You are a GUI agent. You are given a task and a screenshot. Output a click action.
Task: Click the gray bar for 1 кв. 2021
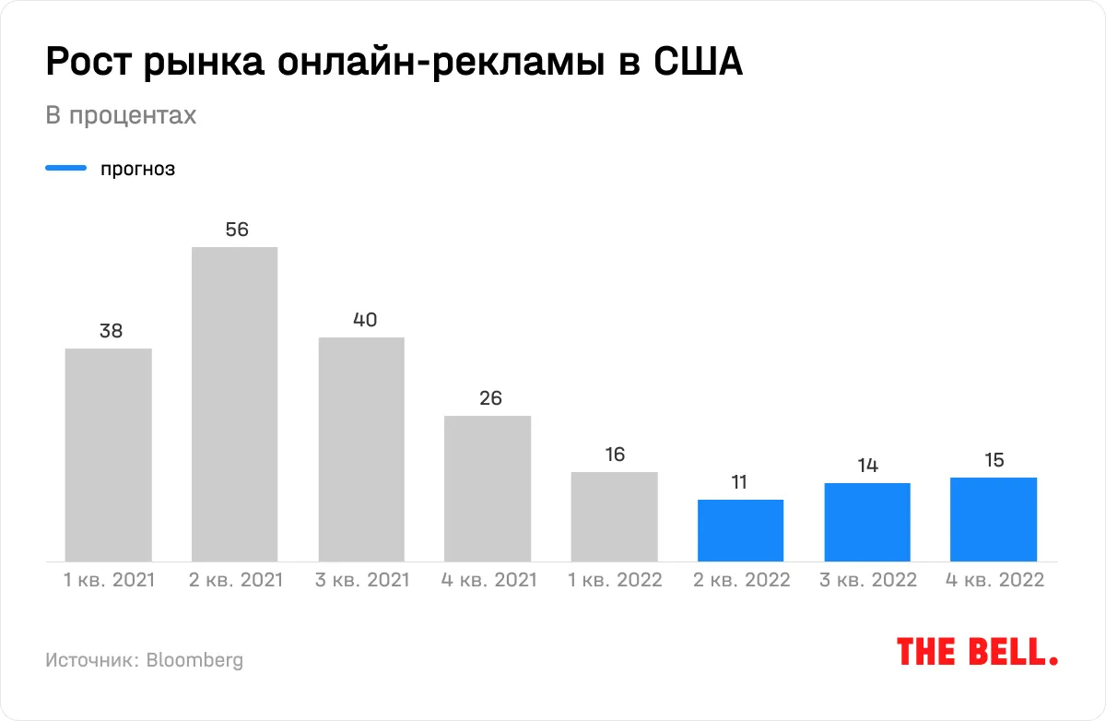click(109, 455)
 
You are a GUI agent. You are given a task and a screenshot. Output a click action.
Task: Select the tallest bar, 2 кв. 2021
click(235, 404)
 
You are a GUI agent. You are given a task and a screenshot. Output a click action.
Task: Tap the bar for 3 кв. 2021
click(361, 449)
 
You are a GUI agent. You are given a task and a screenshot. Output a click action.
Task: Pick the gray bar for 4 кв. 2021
click(488, 489)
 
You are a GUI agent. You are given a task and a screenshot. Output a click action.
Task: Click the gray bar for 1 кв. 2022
click(614, 516)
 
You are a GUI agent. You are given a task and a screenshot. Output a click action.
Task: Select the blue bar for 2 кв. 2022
click(740, 530)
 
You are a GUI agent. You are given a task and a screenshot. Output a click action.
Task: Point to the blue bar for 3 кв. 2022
click(867, 522)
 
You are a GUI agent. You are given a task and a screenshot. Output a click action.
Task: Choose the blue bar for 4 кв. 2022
click(994, 519)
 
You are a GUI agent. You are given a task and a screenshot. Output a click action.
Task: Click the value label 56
click(237, 230)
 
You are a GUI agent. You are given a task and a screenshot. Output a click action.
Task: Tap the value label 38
click(111, 331)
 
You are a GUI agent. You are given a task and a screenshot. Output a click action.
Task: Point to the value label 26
click(489, 398)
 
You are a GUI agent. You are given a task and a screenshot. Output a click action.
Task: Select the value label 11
click(740, 482)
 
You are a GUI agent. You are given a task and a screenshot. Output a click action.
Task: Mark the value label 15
click(994, 460)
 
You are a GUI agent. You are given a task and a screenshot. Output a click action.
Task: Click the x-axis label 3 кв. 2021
click(362, 580)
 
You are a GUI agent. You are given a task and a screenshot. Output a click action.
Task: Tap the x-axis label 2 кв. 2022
click(741, 580)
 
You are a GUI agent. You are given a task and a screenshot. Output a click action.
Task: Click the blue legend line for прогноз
click(66, 169)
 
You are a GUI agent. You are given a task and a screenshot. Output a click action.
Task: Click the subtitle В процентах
click(121, 116)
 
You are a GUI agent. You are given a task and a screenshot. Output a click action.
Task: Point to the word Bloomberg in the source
click(194, 660)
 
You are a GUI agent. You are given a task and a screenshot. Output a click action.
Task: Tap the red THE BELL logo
click(977, 652)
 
